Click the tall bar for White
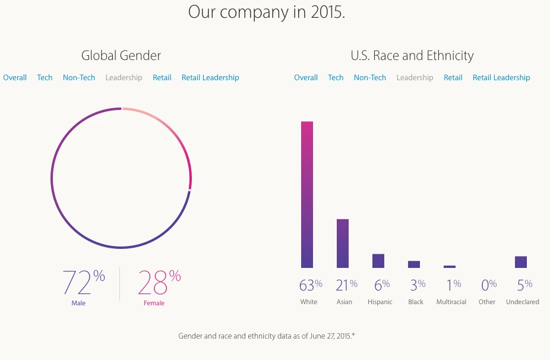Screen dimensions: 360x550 (x=307, y=194)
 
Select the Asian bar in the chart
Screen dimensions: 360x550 (x=343, y=244)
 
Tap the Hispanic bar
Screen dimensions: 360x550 (x=378, y=261)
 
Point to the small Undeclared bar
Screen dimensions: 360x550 (x=521, y=262)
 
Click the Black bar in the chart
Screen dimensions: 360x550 (x=414, y=264)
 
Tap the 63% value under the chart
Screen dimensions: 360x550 (x=311, y=285)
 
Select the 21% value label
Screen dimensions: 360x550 (x=346, y=285)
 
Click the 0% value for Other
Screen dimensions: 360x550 (x=488, y=285)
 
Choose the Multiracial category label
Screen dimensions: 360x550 (x=451, y=302)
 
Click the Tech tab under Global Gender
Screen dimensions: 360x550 (x=45, y=78)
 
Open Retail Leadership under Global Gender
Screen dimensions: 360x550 (x=210, y=78)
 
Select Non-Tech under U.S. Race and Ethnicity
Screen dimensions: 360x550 (x=370, y=78)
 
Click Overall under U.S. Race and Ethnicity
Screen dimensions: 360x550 (x=306, y=78)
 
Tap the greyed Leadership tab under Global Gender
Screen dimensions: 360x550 (x=124, y=78)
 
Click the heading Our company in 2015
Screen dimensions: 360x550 (x=267, y=12)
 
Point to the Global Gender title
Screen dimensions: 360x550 (x=121, y=56)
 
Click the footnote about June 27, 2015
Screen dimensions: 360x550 (x=267, y=336)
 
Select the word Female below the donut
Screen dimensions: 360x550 (x=154, y=304)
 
